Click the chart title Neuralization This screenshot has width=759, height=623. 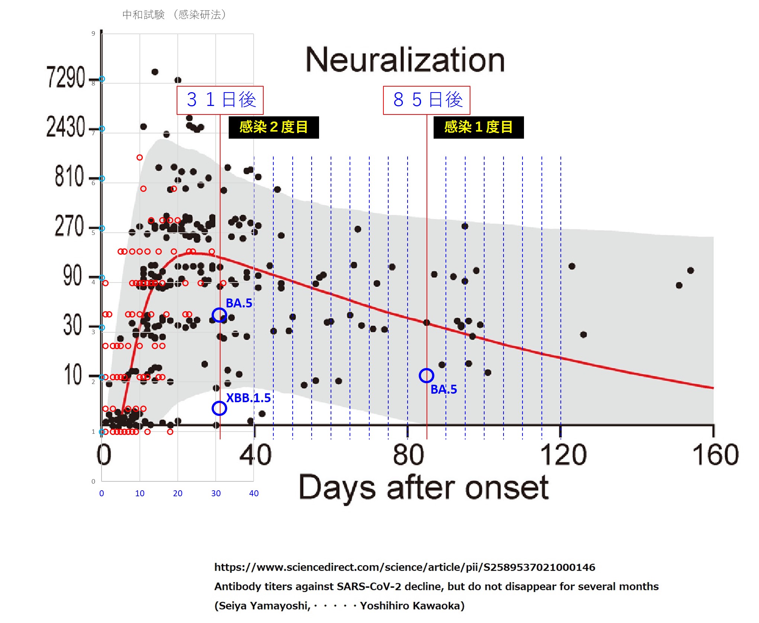tap(405, 60)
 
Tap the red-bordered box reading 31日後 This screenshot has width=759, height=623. tap(220, 100)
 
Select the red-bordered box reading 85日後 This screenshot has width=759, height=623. tap(427, 100)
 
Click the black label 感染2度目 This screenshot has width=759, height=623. tap(274, 127)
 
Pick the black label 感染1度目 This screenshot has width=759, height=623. tap(479, 127)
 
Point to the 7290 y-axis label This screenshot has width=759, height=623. tap(65, 77)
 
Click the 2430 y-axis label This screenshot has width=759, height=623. tap(65, 127)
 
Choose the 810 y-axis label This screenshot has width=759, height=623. tap(69, 176)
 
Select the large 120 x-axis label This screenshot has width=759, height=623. tap(563, 455)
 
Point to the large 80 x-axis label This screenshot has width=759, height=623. tap(408, 455)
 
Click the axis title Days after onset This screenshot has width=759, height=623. tap(424, 488)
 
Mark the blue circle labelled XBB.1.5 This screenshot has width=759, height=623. tap(219, 408)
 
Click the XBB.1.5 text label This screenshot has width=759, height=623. tap(248, 398)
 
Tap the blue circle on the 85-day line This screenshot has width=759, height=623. tap(427, 376)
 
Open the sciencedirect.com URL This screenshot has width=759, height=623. tap(405, 567)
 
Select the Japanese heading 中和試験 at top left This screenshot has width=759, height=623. tap(144, 15)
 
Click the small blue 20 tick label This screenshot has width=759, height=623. tap(178, 493)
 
